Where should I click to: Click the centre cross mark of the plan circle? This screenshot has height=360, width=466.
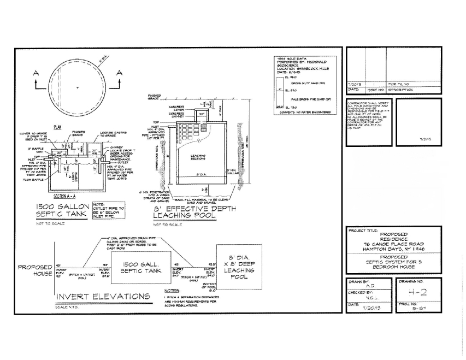coord(78,87)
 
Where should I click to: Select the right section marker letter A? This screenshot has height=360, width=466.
coord(120,73)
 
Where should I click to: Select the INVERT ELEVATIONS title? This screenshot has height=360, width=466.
coord(104,296)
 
